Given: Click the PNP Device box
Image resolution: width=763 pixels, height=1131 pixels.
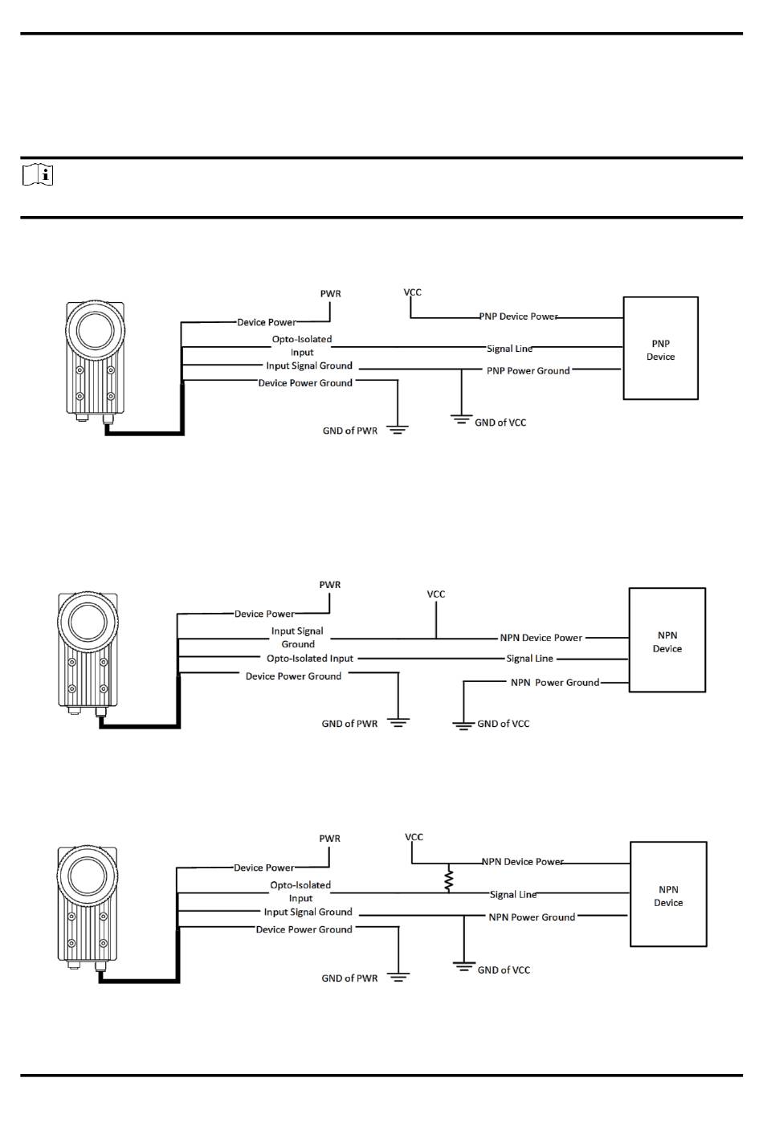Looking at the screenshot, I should pyautogui.click(x=660, y=349).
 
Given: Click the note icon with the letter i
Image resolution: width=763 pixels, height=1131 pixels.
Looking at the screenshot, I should pyautogui.click(x=38, y=175).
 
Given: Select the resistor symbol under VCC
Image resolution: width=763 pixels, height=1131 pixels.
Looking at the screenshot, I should pyautogui.click(x=448, y=879).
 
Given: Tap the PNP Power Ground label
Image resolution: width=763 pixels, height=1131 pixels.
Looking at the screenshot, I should pyautogui.click(x=528, y=370).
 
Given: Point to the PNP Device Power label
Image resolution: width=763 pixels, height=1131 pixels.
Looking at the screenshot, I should pyautogui.click(x=518, y=316).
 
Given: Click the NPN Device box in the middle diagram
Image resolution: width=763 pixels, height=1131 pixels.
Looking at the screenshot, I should pyautogui.click(x=667, y=640).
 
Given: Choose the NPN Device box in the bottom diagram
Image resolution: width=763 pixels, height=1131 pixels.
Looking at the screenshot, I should pyautogui.click(x=667, y=894).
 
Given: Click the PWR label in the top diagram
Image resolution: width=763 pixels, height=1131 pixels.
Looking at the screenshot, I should pyautogui.click(x=330, y=294).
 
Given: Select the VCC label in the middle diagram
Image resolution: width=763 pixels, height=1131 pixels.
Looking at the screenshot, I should pyautogui.click(x=436, y=594).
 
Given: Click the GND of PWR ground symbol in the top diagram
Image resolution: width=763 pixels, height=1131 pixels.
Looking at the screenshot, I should pyautogui.click(x=398, y=430).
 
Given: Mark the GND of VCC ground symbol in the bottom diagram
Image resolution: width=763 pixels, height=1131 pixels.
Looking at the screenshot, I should pyautogui.click(x=463, y=966).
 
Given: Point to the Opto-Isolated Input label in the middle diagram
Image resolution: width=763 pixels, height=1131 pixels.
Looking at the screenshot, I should pyautogui.click(x=310, y=659).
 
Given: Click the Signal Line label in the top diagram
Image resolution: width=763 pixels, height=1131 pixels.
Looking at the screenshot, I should pyautogui.click(x=509, y=349).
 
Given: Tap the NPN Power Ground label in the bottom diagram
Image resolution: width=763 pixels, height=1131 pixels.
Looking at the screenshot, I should pyautogui.click(x=532, y=917).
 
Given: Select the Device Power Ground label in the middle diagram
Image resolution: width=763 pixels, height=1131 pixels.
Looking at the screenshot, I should pyautogui.click(x=293, y=676).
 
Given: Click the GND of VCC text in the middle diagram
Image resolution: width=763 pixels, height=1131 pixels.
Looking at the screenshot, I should pyautogui.click(x=503, y=724).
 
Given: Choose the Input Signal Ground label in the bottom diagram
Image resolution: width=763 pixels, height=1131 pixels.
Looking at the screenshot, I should pyautogui.click(x=308, y=913).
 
